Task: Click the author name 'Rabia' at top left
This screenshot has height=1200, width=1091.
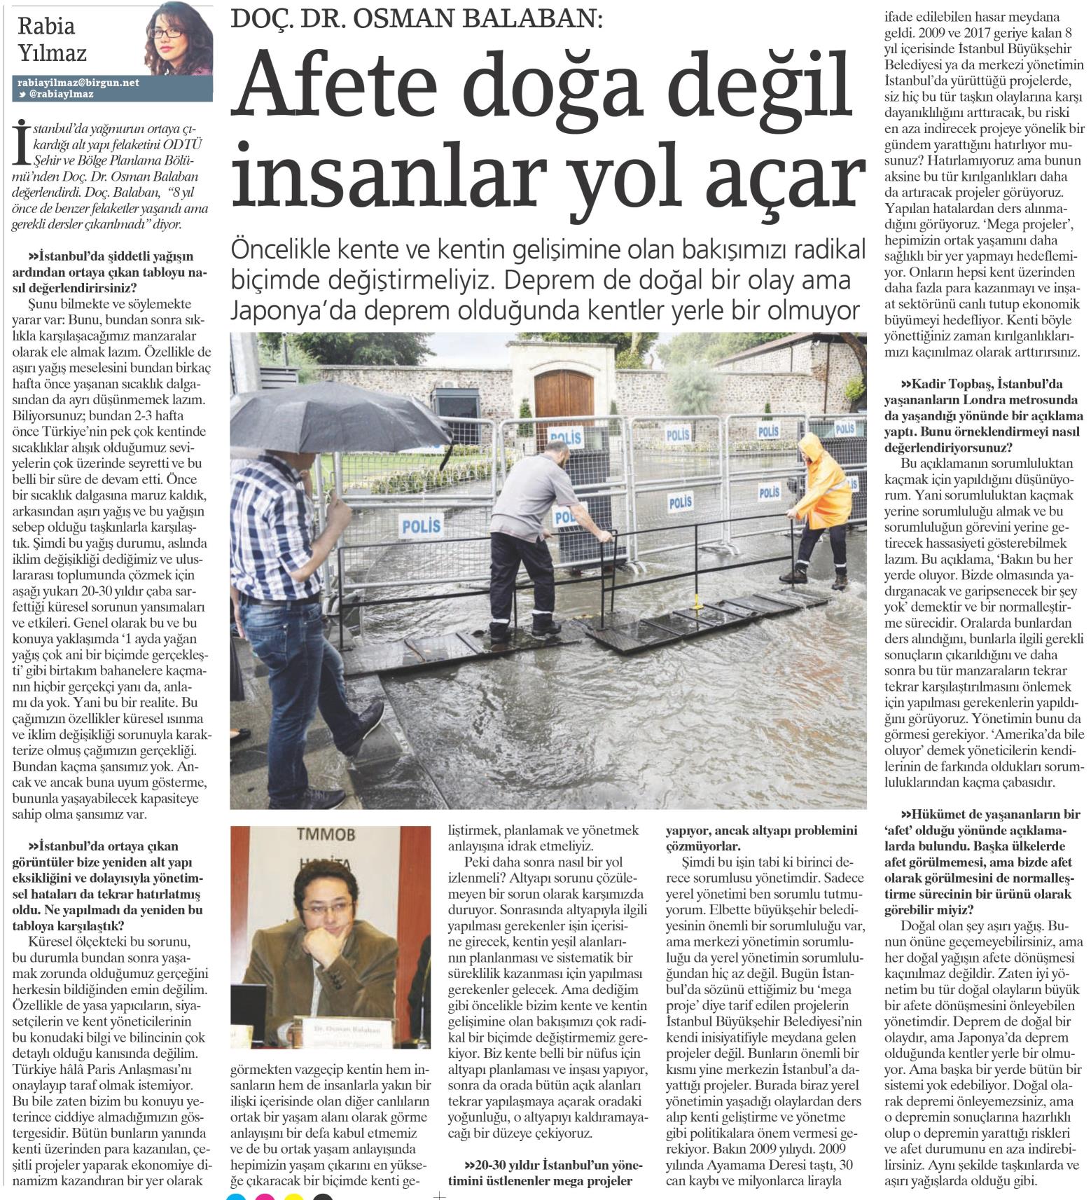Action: [x=46, y=26]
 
